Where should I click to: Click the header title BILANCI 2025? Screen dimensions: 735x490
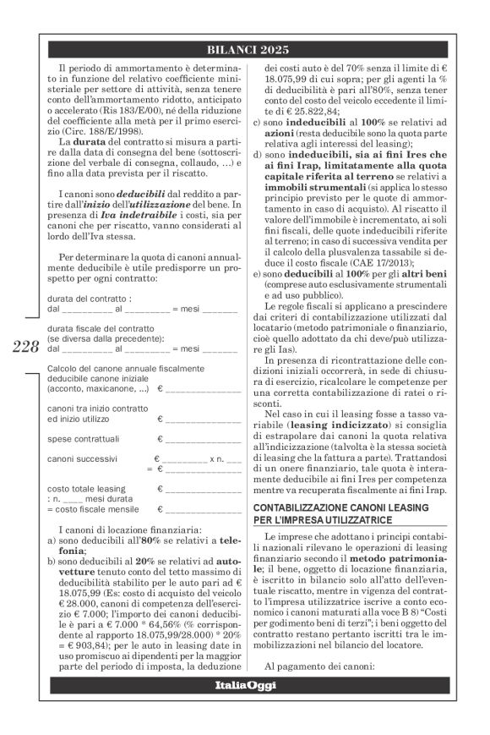point(245,48)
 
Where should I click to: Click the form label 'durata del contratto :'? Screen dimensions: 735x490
point(90,299)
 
